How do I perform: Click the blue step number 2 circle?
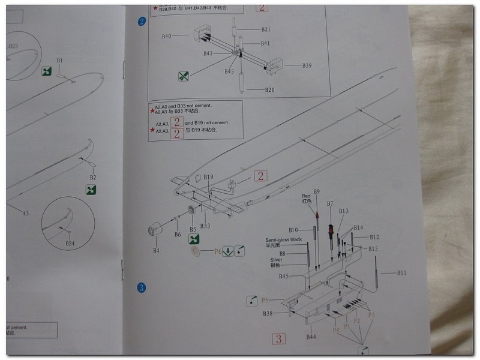click(142, 22)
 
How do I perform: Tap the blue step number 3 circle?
click(142, 288)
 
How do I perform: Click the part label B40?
click(167, 36)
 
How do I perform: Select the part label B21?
click(266, 29)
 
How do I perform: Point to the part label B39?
click(307, 65)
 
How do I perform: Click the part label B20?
click(269, 90)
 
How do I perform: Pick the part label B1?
click(60, 61)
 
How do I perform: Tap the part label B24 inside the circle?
click(70, 243)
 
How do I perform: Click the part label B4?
click(156, 250)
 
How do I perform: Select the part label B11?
click(401, 273)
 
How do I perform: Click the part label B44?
click(311, 337)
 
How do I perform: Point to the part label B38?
click(268, 313)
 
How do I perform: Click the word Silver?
click(276, 260)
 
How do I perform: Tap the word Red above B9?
click(306, 196)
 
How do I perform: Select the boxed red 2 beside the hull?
click(260, 176)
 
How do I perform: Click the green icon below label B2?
click(91, 190)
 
